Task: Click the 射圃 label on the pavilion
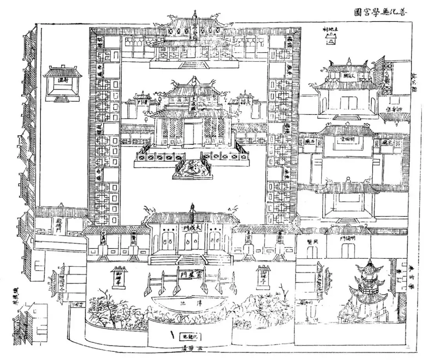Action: click(62, 80)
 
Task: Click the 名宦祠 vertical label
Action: click(248, 236)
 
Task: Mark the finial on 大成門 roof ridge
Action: click(192, 206)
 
